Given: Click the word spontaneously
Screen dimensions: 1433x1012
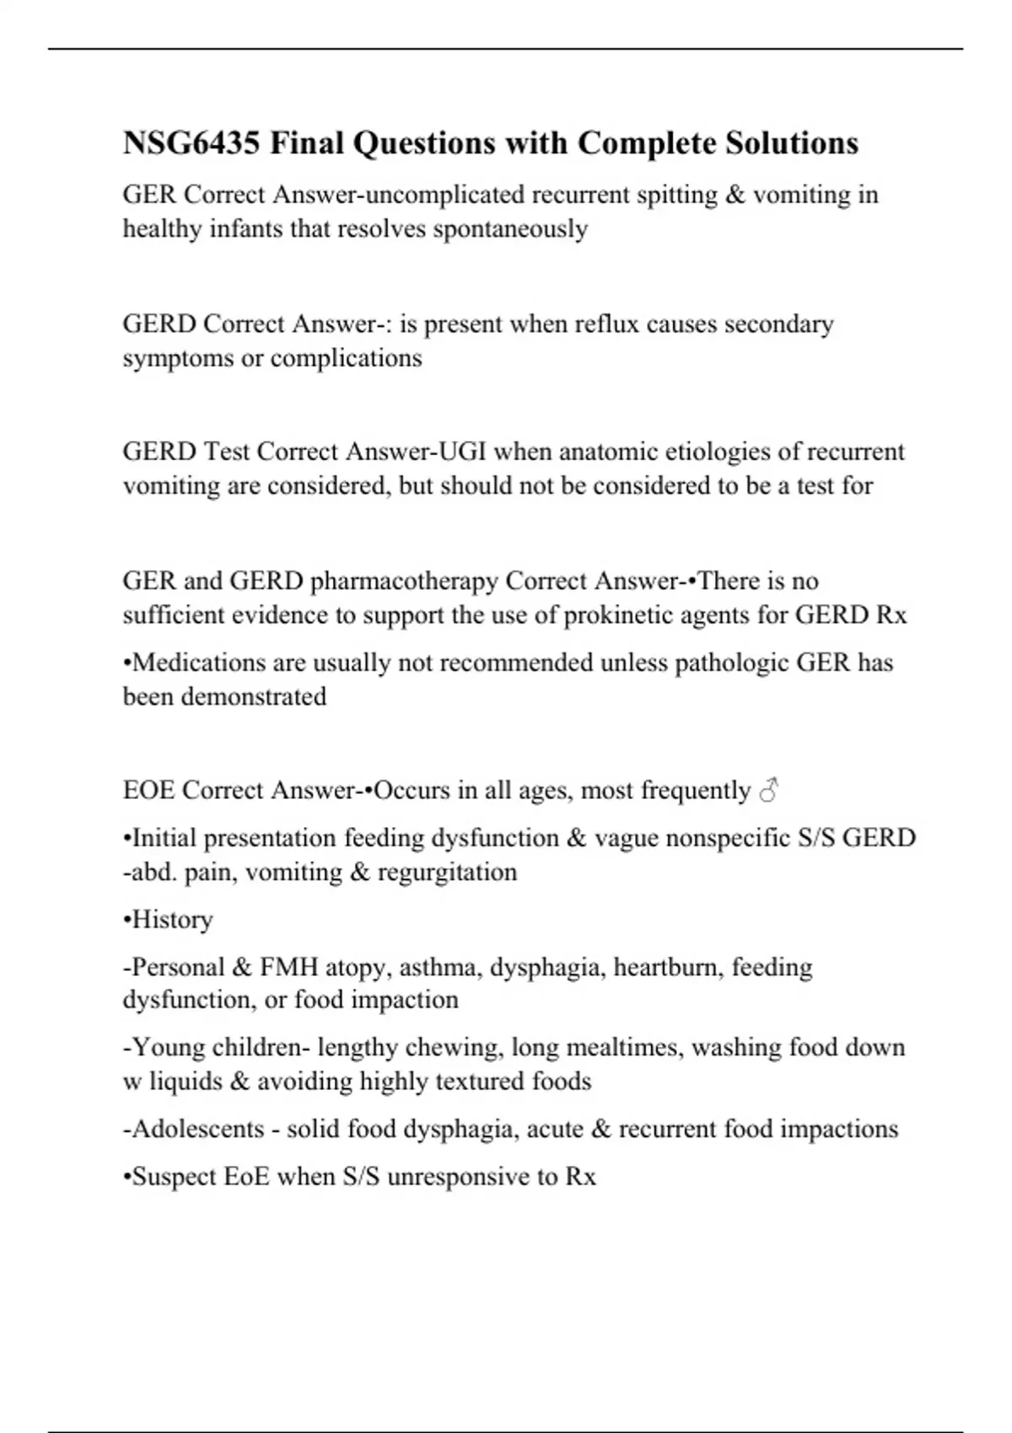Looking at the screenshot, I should [x=510, y=229].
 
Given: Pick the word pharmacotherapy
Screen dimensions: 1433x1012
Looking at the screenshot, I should [x=404, y=582].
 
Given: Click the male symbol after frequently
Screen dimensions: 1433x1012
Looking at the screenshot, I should [x=768, y=791].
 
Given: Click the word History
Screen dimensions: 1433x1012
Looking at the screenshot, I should [x=172, y=920].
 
